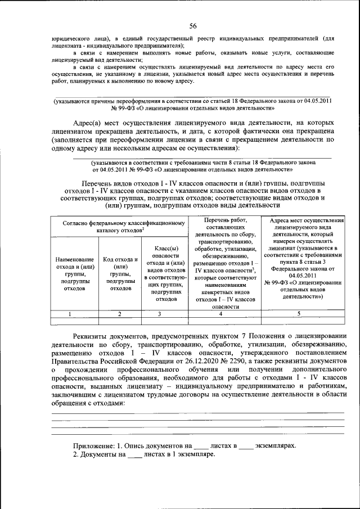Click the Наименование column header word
[x=74, y=259]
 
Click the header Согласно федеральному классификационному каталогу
[x=119, y=223]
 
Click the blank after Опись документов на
[x=209, y=445]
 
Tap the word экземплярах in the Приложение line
[x=275, y=445]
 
